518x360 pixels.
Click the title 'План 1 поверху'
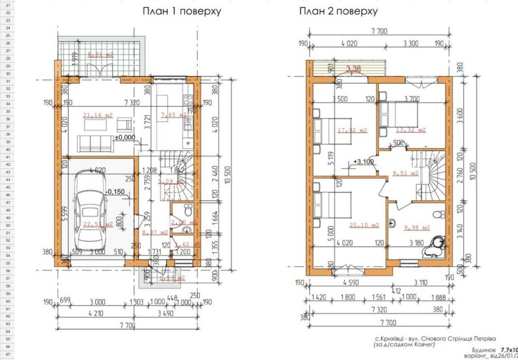(x=182, y=11)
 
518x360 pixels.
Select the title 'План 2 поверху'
(x=338, y=11)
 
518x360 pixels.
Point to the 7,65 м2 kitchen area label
(x=173, y=115)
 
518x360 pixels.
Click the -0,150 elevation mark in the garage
(x=113, y=192)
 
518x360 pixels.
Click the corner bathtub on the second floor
(x=435, y=246)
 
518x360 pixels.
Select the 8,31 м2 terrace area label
(x=100, y=54)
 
